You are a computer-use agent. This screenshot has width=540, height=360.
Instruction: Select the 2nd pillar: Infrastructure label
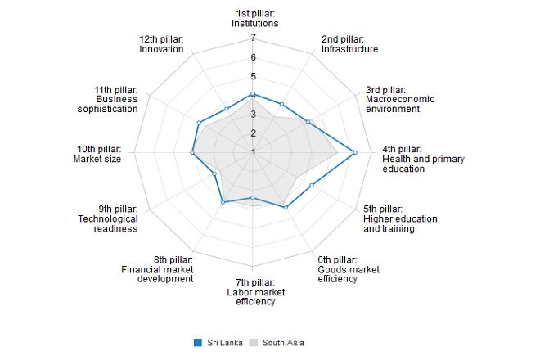tap(349, 44)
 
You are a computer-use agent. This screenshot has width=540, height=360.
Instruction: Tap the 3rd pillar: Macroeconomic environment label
tap(400, 104)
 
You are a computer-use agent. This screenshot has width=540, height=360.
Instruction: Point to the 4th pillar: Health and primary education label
tap(415, 159)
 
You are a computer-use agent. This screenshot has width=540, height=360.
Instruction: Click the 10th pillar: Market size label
tap(97, 154)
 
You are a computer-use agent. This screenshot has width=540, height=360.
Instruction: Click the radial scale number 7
tap(254, 38)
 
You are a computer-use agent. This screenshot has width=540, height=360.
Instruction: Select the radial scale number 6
tap(254, 57)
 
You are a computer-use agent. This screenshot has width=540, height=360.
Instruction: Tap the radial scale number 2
tap(254, 133)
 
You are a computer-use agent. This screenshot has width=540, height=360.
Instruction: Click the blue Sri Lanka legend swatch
tap(198, 342)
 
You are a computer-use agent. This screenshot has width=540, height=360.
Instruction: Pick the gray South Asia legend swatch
tap(254, 342)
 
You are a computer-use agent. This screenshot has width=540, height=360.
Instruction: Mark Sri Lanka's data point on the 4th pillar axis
tap(354, 152)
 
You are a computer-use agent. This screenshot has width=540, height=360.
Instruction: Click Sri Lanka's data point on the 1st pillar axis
tap(253, 94)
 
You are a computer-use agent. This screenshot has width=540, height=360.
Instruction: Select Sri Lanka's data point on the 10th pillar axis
tap(192, 152)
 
